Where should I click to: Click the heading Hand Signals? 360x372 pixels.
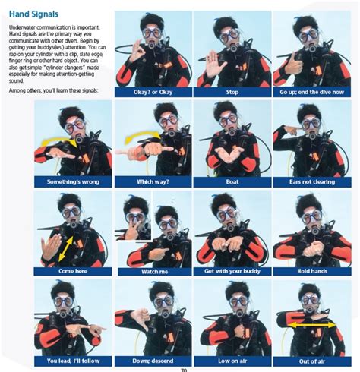[35, 14]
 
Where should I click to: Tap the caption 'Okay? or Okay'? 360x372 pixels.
[152, 92]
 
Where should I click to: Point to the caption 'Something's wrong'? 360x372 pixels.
[73, 181]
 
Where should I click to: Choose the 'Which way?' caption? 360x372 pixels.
[152, 181]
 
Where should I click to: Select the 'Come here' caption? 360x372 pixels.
[73, 271]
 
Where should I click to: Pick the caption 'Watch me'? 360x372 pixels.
[152, 271]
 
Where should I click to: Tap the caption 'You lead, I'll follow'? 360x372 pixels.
[73, 361]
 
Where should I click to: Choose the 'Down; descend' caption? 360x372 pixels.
[152, 361]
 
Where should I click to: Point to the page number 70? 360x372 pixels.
[183, 369]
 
